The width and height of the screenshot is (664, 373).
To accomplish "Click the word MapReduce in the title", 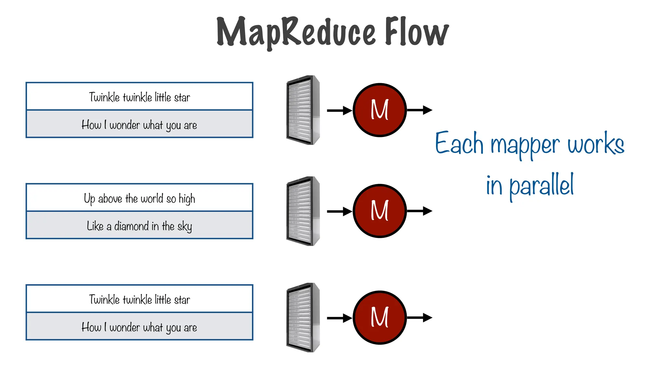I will pyautogui.click(x=296, y=32).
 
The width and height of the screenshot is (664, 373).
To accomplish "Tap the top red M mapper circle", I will pyautogui.click(x=379, y=110).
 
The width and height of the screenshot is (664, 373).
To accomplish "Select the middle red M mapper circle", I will pyautogui.click(x=379, y=211).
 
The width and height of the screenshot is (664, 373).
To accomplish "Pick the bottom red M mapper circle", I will pyautogui.click(x=379, y=318).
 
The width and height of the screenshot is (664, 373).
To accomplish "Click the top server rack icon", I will pyautogui.click(x=303, y=110).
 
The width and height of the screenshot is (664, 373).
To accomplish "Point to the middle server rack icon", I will pyautogui.click(x=303, y=211).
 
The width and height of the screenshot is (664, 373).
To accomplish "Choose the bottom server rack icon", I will pyautogui.click(x=303, y=318).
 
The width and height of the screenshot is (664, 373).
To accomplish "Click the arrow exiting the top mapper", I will pyautogui.click(x=420, y=110).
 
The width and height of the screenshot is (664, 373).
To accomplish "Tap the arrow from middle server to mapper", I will pyautogui.click(x=339, y=211).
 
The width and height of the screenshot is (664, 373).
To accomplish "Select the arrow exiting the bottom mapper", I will pyautogui.click(x=420, y=318).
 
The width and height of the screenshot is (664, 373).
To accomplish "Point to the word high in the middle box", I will pyautogui.click(x=187, y=199).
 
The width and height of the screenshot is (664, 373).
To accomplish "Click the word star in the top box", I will pyautogui.click(x=182, y=97).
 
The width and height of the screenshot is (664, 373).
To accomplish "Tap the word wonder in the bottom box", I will pyautogui.click(x=124, y=328).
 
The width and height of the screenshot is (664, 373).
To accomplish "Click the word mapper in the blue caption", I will pyautogui.click(x=525, y=145).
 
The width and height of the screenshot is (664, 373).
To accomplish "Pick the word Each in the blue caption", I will pyautogui.click(x=459, y=143).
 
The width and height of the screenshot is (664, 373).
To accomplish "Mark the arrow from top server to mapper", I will pyautogui.click(x=339, y=110).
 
